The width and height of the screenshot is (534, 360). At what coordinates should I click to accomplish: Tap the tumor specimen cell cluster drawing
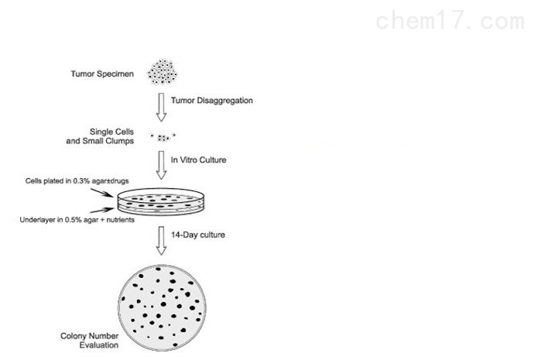pos(162,70)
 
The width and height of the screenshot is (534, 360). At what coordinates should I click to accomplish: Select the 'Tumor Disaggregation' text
pos(211,101)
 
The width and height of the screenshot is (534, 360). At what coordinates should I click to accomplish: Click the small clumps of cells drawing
pos(163,137)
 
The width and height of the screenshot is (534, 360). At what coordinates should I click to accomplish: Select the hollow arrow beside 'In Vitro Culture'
pos(162,165)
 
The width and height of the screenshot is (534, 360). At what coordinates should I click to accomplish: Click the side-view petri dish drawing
pos(163,204)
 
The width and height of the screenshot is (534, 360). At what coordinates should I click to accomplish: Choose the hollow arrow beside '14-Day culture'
pos(162,239)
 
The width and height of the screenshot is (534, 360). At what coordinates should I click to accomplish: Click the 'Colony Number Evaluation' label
pos(90,340)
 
